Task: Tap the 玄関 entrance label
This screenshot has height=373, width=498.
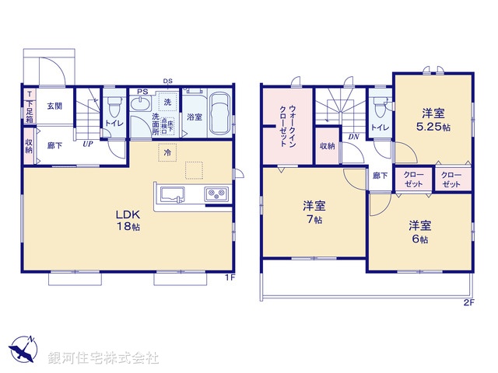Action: [x=53, y=106]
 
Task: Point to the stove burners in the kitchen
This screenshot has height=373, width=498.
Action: [x=215, y=193]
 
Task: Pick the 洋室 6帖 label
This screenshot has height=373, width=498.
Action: [x=420, y=232]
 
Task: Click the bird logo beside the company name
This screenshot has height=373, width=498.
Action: [x=23, y=349]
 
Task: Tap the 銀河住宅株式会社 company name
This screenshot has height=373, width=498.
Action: [x=103, y=358]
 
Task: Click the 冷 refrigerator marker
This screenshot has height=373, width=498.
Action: [x=167, y=153]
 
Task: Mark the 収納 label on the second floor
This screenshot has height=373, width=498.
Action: [x=327, y=146]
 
